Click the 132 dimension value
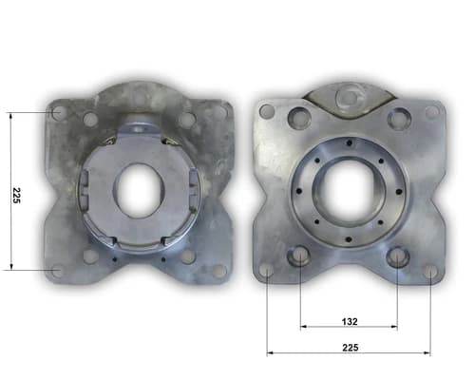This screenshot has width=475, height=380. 350,322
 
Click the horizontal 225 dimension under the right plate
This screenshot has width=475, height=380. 351,348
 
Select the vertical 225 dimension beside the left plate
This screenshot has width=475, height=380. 16,196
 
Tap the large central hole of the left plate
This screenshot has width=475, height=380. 138,190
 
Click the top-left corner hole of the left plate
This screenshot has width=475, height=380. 58,113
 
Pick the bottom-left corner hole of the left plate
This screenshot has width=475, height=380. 57,271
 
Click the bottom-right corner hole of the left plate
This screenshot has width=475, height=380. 219,271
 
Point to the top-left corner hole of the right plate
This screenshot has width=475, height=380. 267,111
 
